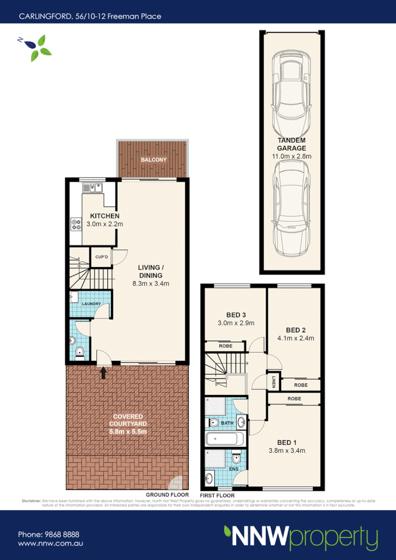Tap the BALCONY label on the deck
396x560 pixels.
coord(153,160)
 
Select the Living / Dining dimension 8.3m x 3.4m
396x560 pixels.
coord(152,283)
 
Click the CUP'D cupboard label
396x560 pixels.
coord(101,257)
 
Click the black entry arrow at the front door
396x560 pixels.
coord(103,373)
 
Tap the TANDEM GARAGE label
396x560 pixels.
coord(292,144)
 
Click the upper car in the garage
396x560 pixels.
coord(292,87)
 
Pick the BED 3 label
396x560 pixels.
coord(236,314)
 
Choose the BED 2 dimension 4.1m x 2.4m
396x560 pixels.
coord(295,339)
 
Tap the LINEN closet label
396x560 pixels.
coord(273,381)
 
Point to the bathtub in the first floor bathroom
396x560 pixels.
coord(225,439)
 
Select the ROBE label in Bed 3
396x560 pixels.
coord(225,346)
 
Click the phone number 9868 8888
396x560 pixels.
coord(61,534)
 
